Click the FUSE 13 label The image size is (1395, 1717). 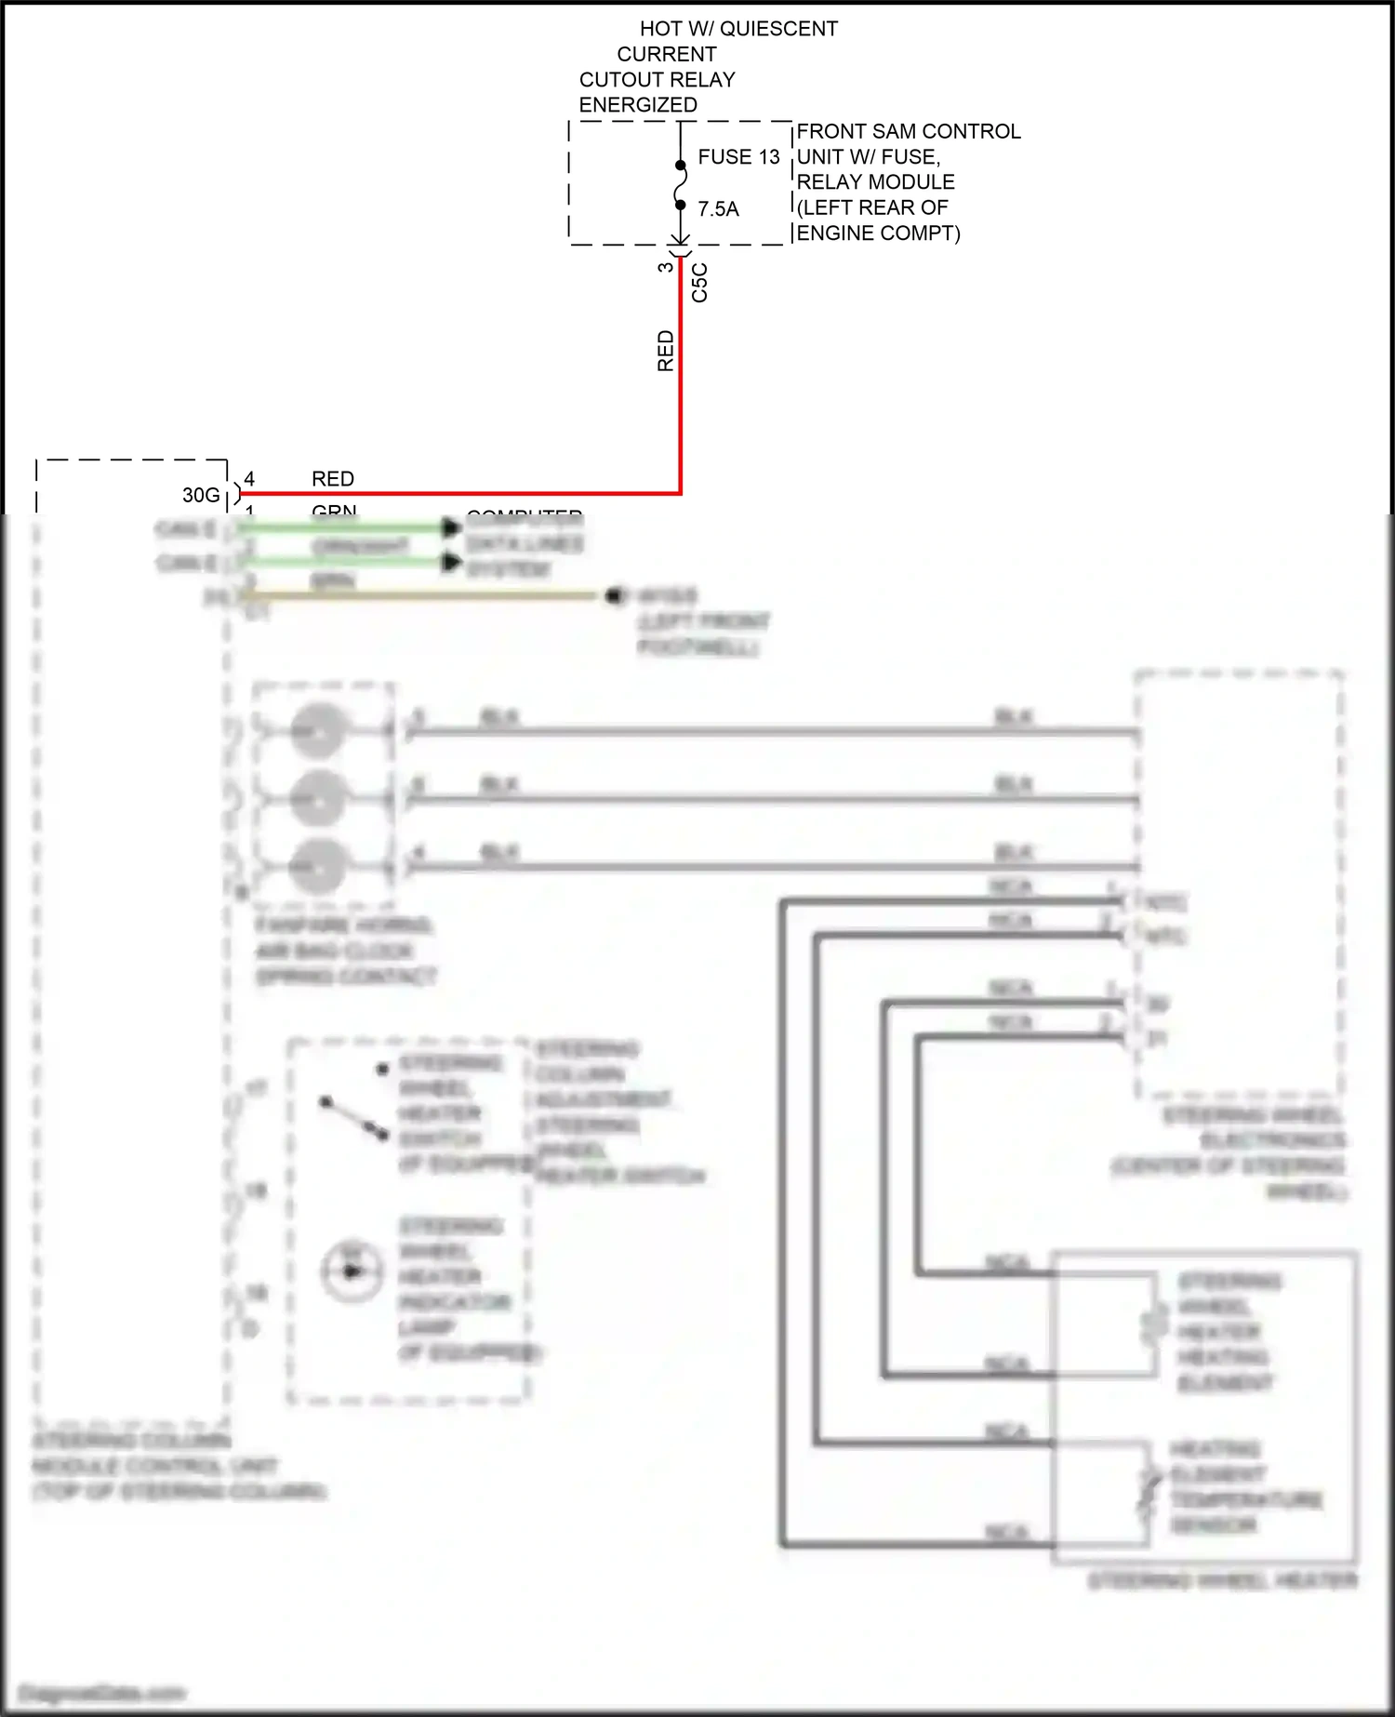click(738, 157)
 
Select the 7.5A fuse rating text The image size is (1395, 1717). click(718, 209)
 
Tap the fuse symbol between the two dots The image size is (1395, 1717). click(681, 184)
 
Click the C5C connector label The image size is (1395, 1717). click(700, 282)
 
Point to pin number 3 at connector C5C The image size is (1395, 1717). click(665, 267)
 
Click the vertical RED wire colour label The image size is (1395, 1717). click(666, 351)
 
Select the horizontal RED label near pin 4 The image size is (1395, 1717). click(332, 479)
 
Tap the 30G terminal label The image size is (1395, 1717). click(201, 495)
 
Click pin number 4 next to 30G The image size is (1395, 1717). click(249, 479)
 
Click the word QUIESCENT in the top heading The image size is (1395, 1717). click(778, 29)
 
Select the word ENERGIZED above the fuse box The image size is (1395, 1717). click(638, 105)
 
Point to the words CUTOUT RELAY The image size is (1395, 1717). click(657, 80)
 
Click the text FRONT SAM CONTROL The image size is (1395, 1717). click(908, 131)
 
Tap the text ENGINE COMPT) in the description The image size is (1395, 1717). click(878, 233)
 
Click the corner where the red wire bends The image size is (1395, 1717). click(681, 493)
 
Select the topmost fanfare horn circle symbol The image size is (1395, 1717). click(319, 732)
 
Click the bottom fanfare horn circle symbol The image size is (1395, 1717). click(319, 866)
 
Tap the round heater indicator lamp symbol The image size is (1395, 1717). click(352, 1271)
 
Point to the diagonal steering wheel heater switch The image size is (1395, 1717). click(353, 1117)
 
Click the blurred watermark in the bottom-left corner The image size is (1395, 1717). click(102, 1693)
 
